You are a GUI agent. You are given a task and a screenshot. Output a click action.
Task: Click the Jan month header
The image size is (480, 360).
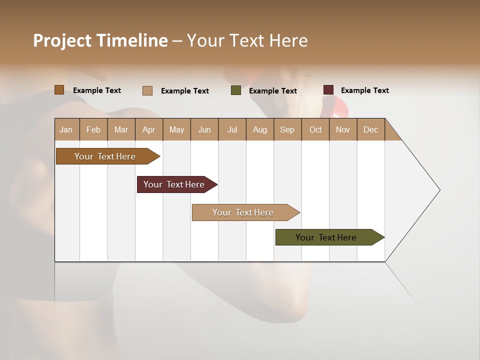tap(66, 129)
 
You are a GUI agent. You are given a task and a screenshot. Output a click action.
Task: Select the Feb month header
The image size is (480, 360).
tap(93, 129)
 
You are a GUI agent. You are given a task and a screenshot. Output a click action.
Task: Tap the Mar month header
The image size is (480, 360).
tap(121, 129)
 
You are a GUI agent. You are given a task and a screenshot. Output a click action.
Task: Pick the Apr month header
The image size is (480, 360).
tap(149, 129)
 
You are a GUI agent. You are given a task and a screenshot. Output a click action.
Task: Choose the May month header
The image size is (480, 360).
tap(176, 129)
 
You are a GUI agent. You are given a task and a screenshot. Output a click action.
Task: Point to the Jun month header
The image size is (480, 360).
tap(204, 129)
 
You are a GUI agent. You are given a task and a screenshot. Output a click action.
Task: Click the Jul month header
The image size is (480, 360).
tap(232, 129)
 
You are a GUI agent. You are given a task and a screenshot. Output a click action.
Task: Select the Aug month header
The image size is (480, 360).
tap(260, 129)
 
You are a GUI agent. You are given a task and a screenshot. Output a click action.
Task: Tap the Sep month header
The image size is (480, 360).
tap(287, 129)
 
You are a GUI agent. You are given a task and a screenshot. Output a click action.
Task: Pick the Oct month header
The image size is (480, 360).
tap(315, 129)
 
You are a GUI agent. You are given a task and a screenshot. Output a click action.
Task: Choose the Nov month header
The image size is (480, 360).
tap(343, 129)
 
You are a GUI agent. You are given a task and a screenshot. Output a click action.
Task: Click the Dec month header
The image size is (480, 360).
tap(370, 129)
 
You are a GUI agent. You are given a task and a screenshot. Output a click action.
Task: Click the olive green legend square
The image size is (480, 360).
tap(236, 90)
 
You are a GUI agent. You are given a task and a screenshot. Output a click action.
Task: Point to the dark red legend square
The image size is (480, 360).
tap(328, 90)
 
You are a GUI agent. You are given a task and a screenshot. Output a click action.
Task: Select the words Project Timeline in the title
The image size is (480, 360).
tap(100, 40)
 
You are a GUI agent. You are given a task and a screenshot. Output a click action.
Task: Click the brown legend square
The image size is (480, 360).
tap(59, 90)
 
